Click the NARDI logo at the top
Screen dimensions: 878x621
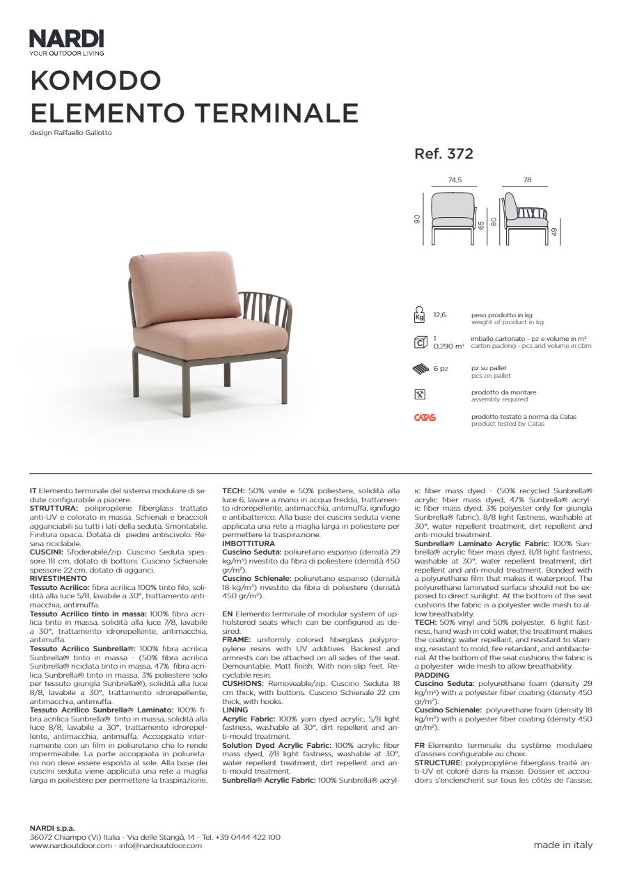[66, 39]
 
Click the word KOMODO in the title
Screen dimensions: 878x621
[95, 81]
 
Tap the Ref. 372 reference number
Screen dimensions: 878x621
[443, 154]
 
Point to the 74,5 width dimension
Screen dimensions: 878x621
[455, 180]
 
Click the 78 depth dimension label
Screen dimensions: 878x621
[527, 180]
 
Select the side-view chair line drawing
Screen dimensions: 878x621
[527, 217]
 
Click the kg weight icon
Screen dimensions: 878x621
[419, 315]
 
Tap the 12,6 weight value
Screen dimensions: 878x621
[440, 315]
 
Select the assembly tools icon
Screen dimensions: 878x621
[419, 394]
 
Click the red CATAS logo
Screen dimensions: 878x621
[425, 417]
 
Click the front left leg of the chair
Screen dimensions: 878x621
[186, 390]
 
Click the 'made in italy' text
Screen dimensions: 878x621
[563, 845]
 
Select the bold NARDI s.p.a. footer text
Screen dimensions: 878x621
[52, 829]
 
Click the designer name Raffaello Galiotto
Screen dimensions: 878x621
[83, 133]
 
